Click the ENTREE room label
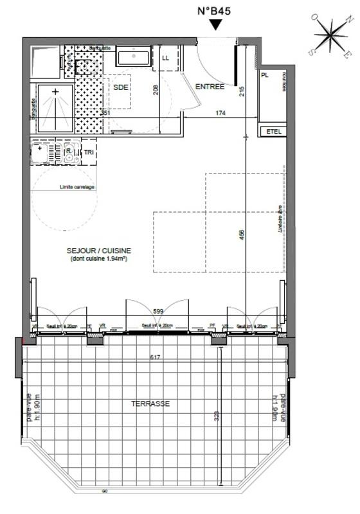pos(210,87)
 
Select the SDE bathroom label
pos(120,87)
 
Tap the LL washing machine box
pos(165,58)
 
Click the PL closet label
pos(264,75)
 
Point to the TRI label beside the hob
pos(88,152)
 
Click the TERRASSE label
pos(150,404)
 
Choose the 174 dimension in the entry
pos(220,114)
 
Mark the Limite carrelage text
pos(77,187)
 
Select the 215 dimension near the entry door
pos(242,91)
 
